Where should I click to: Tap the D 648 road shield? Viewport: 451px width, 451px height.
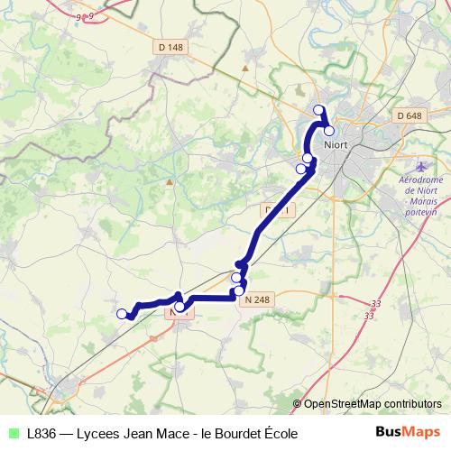click(x=409, y=115)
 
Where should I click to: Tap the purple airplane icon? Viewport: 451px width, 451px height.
click(x=422, y=168)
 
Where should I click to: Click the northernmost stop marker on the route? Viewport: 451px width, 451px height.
click(x=318, y=110)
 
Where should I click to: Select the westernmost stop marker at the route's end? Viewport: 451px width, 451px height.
click(x=122, y=314)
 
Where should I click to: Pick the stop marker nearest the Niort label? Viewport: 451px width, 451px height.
click(x=329, y=131)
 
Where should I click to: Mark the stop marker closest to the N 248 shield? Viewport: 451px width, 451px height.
click(x=239, y=290)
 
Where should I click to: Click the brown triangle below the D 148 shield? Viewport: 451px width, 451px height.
click(x=169, y=180)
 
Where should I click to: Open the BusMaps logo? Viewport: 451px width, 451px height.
click(x=408, y=433)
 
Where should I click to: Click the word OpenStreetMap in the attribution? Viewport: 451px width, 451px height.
click(x=342, y=405)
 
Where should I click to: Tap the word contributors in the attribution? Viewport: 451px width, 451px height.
click(x=412, y=405)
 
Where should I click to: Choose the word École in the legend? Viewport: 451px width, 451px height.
click(x=276, y=434)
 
